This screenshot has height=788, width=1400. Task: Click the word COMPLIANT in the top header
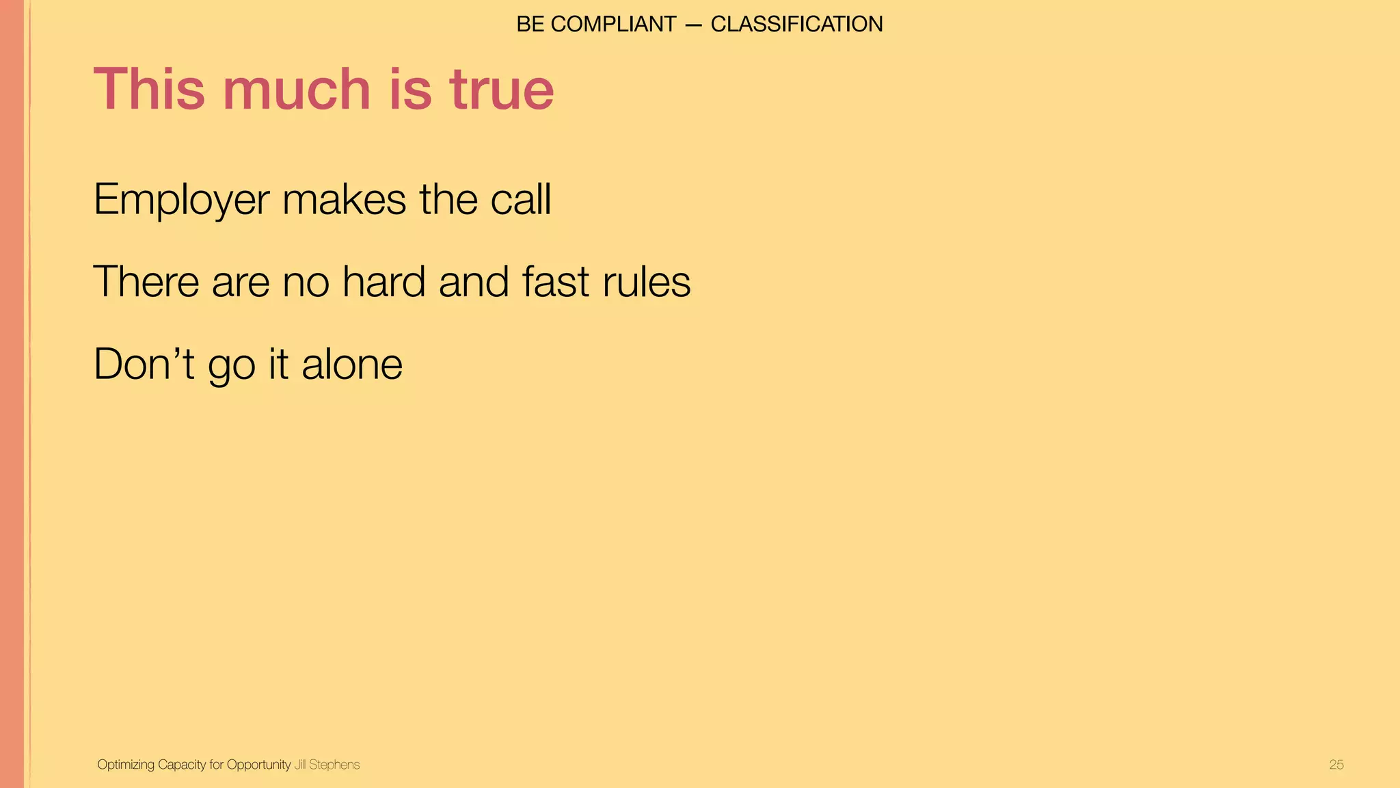coord(613,24)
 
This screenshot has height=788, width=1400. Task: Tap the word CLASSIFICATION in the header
coord(796,24)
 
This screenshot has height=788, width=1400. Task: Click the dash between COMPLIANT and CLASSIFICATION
coord(693,25)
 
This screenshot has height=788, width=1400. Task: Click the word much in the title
coord(297,89)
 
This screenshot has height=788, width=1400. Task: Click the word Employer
coord(181,200)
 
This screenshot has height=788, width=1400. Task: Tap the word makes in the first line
coord(344,200)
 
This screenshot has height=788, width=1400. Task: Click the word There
coord(146,281)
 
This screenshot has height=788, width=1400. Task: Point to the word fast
coord(555,281)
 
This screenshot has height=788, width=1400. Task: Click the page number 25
coord(1336,765)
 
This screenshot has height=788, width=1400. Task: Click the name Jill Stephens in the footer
coord(327,765)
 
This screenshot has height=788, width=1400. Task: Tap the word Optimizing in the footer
coord(126,765)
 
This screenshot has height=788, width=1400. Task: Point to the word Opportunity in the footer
coord(258,765)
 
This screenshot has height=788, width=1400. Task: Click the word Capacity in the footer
coord(182,765)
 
